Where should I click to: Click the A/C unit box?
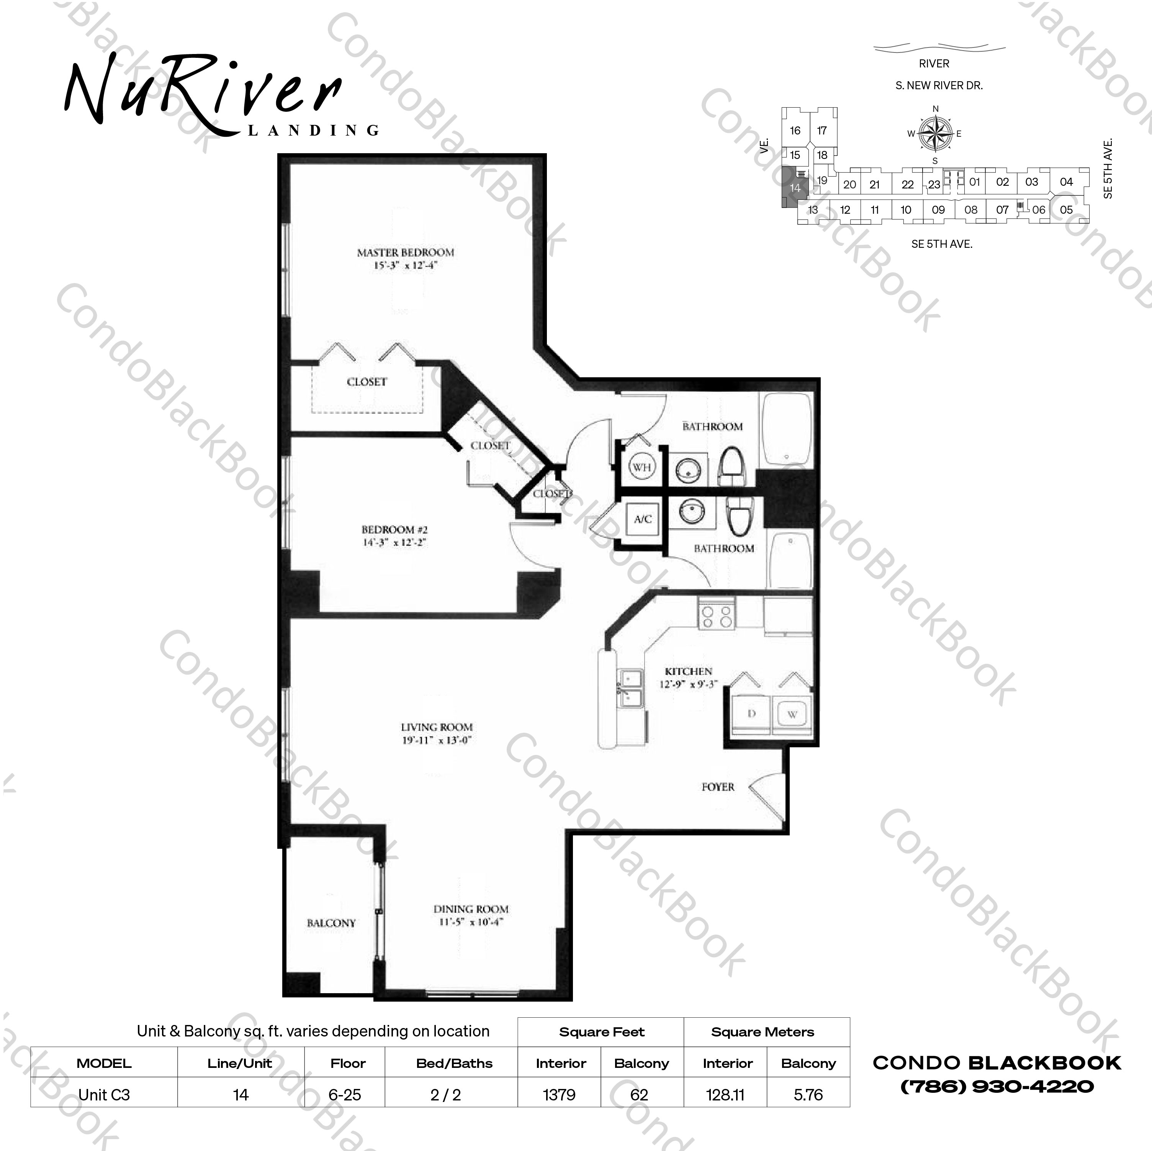pos(642,519)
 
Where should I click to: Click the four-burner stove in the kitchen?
pos(717,616)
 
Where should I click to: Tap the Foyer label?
pos(718,787)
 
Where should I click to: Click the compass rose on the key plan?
pos(935,134)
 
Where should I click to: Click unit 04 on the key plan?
pos(1066,182)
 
